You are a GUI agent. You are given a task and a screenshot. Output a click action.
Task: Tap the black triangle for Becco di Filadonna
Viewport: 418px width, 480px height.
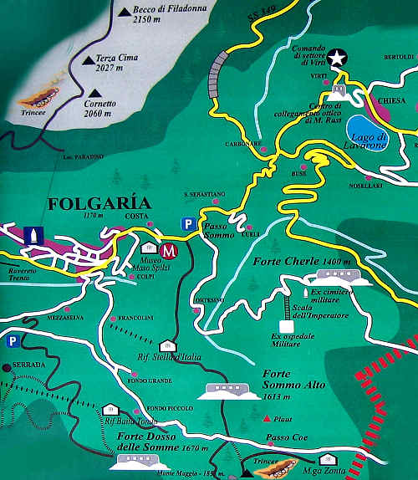click(x=124, y=11)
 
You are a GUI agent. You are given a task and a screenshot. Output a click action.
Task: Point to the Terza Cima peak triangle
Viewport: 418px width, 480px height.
click(x=89, y=59)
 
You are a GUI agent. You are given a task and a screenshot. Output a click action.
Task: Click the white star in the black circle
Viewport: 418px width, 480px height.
click(x=336, y=58)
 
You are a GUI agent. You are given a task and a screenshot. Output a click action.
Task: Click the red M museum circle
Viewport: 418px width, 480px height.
click(x=170, y=249)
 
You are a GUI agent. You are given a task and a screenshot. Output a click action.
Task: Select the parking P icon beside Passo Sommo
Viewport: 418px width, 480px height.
click(x=189, y=223)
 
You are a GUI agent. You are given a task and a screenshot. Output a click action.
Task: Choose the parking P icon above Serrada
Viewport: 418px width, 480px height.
click(x=12, y=341)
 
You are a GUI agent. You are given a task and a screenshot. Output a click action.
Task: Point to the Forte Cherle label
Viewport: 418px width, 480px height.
click(x=285, y=262)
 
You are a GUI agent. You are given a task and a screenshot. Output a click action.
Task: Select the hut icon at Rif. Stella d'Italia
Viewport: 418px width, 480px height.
click(x=166, y=345)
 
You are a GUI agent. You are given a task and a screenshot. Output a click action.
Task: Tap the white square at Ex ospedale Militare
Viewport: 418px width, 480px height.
click(x=284, y=324)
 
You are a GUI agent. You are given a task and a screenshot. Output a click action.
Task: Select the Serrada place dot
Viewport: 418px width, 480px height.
click(x=7, y=366)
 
